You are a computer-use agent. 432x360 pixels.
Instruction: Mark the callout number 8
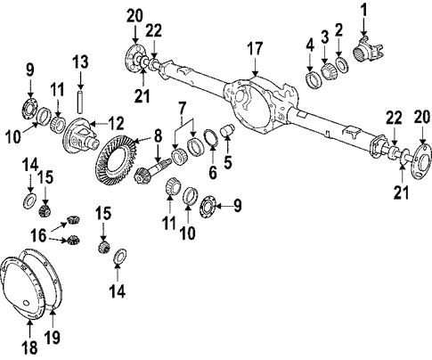pos(157,137)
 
